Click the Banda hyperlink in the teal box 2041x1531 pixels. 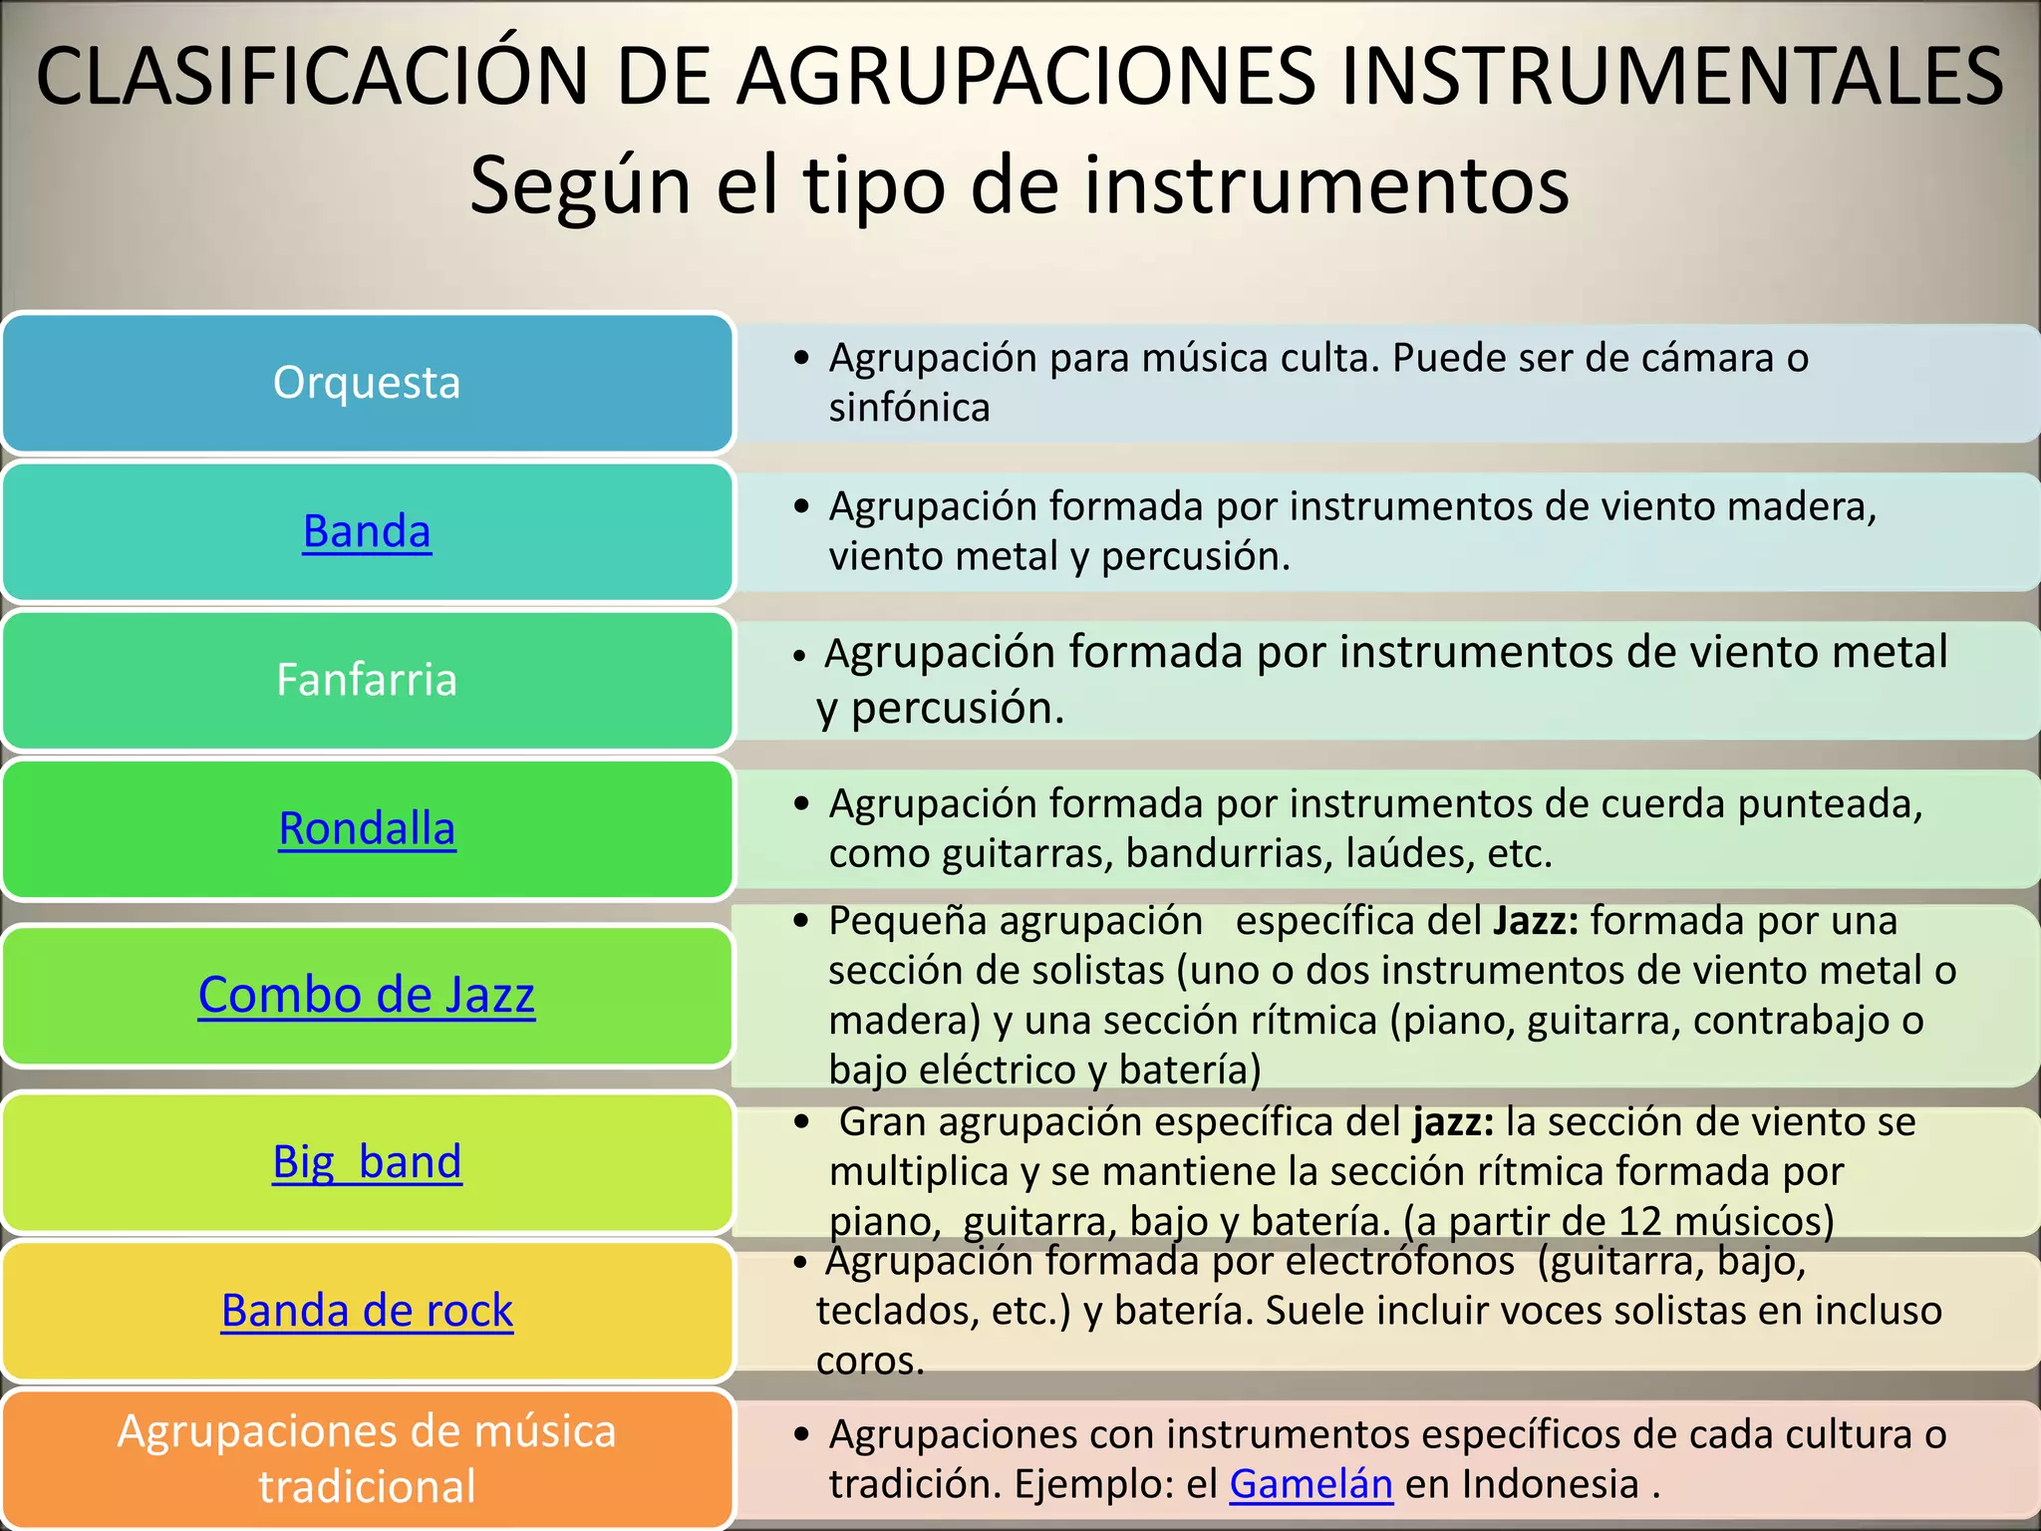[x=367, y=531]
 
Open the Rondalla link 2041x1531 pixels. [x=367, y=828]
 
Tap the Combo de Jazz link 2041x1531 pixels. [x=367, y=995]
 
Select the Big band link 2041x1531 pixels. [x=367, y=1161]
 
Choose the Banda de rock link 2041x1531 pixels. [x=367, y=1310]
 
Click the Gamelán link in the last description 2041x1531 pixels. [x=1311, y=1484]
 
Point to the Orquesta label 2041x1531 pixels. [x=367, y=383]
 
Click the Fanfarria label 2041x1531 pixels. [x=367, y=680]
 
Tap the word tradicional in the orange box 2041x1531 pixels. [x=367, y=1486]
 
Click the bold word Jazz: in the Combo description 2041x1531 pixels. [x=1536, y=921]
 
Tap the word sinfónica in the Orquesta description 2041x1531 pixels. [x=909, y=408]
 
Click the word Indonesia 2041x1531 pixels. [x=1550, y=1484]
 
